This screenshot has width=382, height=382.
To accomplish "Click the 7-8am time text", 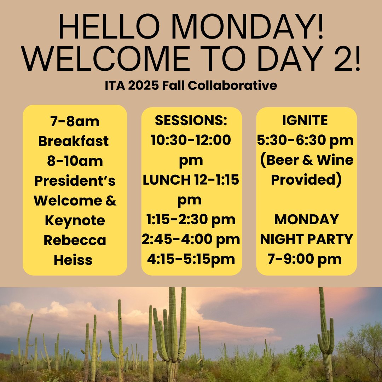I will coord(75,122).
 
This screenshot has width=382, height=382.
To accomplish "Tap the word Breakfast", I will coord(74,141).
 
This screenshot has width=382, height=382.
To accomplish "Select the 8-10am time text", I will coord(75,161).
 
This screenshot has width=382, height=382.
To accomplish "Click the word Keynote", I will coord(75,221).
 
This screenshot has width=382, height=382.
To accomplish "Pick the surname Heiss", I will coord(73,260).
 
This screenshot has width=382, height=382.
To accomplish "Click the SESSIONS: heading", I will coord(191,120).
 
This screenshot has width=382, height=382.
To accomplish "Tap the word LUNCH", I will coord(166,180).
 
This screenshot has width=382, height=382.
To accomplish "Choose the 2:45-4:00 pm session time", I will coord(191,239).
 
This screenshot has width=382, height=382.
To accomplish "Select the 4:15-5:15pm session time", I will coord(191,259).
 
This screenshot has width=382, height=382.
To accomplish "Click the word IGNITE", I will coord(305,121).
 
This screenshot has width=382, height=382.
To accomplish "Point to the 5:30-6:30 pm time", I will coord(305,140).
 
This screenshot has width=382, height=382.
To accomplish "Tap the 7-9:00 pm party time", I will coord(305,259).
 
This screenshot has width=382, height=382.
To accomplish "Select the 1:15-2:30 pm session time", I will coord(191,219).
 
